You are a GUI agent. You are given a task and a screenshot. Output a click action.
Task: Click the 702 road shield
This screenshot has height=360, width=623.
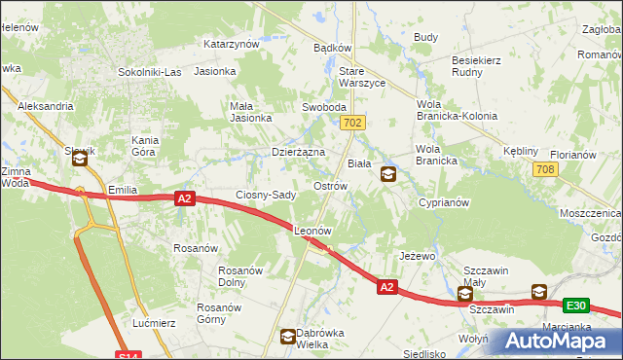[x=353, y=123]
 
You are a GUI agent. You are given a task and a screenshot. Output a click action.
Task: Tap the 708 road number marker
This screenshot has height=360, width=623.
[x=545, y=170]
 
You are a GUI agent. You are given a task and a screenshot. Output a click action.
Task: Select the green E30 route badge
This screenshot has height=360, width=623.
[x=576, y=306]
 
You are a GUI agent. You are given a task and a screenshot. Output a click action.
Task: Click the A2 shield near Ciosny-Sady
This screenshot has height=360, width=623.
[x=186, y=198]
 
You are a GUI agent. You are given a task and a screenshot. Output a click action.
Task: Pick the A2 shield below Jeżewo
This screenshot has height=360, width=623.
[x=386, y=287]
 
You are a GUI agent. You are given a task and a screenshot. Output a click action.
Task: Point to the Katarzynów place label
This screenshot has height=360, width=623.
[x=231, y=44]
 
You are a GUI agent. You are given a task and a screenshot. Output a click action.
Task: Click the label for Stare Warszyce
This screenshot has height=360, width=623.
[x=361, y=77]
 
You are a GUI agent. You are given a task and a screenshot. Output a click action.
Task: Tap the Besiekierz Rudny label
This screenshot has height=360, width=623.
[x=476, y=65]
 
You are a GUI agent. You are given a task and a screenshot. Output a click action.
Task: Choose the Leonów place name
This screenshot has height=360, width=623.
[x=314, y=232]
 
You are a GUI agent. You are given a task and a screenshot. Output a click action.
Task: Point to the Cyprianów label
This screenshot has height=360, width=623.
[x=444, y=203]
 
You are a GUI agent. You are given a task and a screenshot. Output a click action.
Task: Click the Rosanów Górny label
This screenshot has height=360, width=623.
[x=218, y=313]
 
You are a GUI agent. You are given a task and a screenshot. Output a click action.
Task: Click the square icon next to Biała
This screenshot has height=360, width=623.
[x=388, y=174]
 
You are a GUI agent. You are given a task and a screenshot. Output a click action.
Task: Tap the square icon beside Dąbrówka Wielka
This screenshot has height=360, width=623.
[x=288, y=338]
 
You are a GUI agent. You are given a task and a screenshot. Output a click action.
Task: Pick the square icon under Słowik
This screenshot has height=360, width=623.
[x=79, y=164]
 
